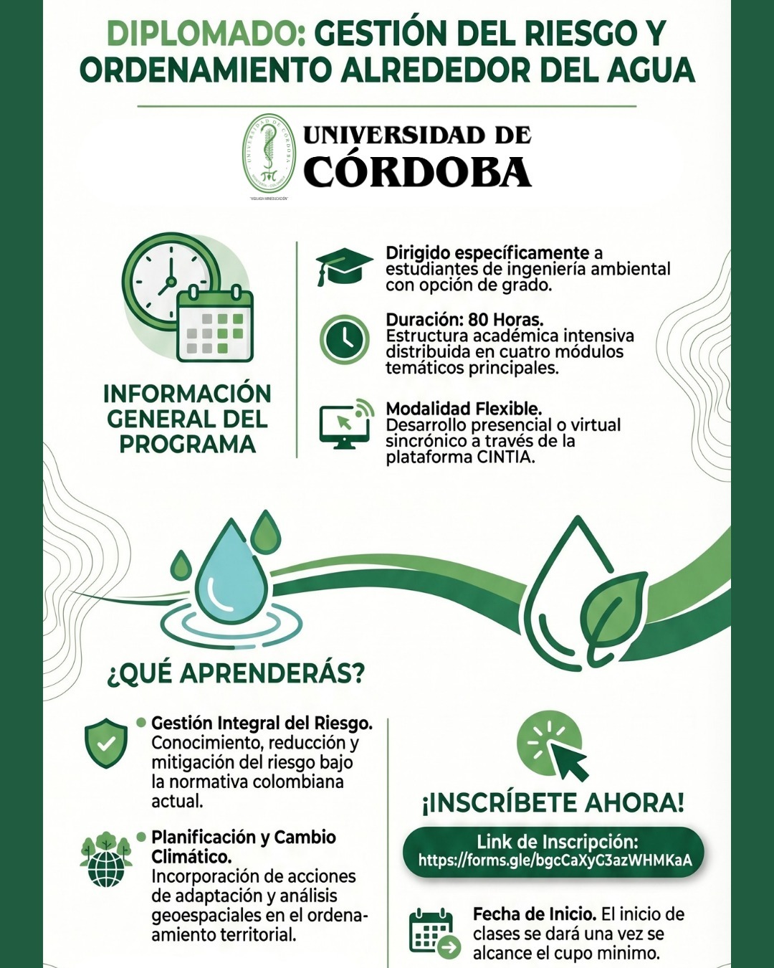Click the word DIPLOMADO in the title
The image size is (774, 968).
tap(206, 34)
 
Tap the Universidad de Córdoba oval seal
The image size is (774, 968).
tap(269, 155)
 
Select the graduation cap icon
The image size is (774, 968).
tap(344, 267)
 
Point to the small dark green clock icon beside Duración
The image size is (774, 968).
tap(345, 339)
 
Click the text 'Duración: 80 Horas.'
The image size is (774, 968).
tap(464, 320)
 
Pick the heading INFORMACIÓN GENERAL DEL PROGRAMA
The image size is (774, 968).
tap(187, 419)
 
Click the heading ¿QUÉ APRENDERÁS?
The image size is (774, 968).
tap(236, 673)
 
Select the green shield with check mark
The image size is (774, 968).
tap(106, 742)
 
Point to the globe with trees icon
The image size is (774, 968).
tap(106, 859)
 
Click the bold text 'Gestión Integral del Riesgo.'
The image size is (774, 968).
tap(262, 723)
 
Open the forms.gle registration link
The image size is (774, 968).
tap(555, 860)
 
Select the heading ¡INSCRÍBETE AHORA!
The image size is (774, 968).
tap(553, 803)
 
